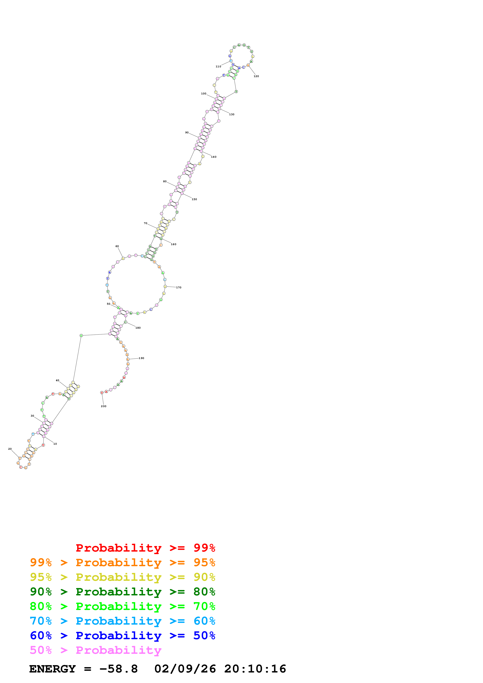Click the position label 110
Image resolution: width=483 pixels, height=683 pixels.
[x=218, y=67]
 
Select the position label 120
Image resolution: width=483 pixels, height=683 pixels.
[x=256, y=76]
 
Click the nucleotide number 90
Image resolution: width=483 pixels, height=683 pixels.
[x=187, y=133]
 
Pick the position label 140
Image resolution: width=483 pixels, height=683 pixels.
[x=214, y=157]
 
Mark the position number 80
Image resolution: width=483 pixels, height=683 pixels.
[x=165, y=181]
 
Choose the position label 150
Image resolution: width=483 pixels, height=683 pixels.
[x=194, y=199]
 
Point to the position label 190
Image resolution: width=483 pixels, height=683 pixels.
[x=141, y=358]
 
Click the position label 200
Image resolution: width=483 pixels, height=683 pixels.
[x=104, y=406]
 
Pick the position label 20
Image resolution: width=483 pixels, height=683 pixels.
[x=10, y=449]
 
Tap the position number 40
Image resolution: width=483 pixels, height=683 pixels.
[x=57, y=380]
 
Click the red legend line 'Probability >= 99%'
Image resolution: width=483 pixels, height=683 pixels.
[x=145, y=548]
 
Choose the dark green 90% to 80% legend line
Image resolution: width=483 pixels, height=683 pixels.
[x=122, y=592]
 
